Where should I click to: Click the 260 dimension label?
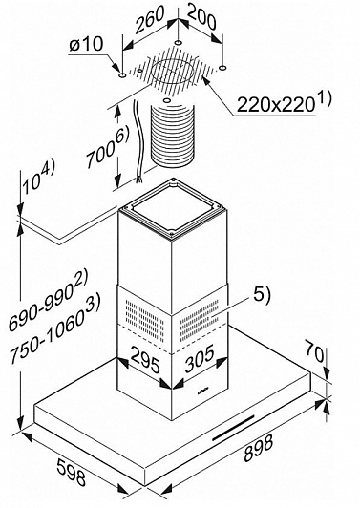[x=150, y=19]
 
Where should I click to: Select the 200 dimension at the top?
[x=201, y=17]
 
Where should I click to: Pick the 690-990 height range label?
[x=48, y=303]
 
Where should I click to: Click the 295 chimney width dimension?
[x=145, y=360]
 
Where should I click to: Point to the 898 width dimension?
[x=258, y=448]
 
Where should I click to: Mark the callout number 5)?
[x=262, y=295]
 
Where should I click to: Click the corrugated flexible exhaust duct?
[x=173, y=135]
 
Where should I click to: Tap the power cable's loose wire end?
[x=138, y=180]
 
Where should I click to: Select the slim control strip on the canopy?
[x=233, y=427]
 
